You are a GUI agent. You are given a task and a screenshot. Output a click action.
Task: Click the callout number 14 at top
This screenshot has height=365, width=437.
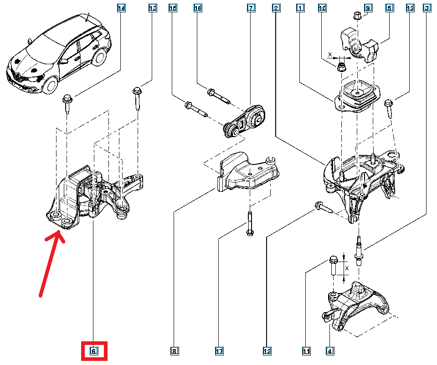(x=121, y=8)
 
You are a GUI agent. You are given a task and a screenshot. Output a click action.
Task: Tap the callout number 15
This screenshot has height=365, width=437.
(x=172, y=8)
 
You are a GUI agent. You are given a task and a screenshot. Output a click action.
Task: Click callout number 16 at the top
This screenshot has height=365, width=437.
(x=197, y=8)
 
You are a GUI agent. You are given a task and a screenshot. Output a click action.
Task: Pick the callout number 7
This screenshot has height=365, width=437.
(x=250, y=8)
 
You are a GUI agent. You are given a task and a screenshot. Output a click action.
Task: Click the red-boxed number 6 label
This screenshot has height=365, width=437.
(x=93, y=351)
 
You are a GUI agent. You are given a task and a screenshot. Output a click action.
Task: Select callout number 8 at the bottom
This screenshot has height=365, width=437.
(x=174, y=351)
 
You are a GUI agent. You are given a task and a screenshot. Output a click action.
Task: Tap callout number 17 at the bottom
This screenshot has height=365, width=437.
(x=219, y=351)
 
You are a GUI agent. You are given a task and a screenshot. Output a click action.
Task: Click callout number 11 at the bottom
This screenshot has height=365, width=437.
(x=306, y=351)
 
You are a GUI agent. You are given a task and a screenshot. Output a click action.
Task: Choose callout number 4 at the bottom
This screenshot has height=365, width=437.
(x=329, y=351)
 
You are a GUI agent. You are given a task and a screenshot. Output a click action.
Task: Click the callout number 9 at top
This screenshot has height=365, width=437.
(x=368, y=8)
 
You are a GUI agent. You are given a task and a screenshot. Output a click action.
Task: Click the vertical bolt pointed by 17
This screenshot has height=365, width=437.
(x=249, y=223)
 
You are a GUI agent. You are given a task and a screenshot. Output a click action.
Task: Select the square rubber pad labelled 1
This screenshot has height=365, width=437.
(x=357, y=96)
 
